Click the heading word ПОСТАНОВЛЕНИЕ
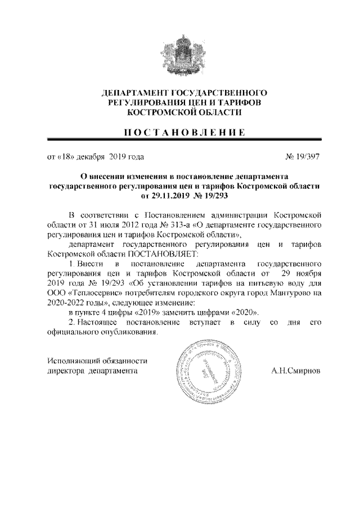tap(179, 133)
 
